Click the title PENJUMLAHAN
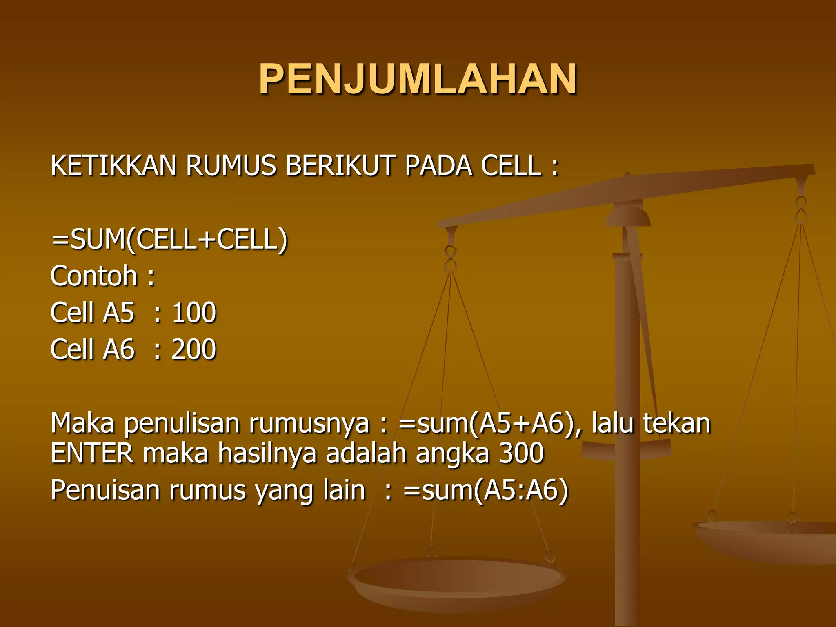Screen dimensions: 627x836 point(418,79)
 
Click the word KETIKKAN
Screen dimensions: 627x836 point(113,166)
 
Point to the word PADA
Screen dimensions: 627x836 point(438,166)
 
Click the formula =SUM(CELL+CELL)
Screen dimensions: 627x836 point(169,240)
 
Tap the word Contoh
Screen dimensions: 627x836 point(94,276)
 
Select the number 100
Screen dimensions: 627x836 point(194,313)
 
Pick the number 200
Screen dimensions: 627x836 point(194,349)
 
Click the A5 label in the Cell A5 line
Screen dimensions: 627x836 point(118,313)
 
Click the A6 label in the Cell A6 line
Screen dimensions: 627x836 point(118,349)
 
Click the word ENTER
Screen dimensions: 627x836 point(92,454)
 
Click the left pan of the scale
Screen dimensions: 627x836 point(456,580)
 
